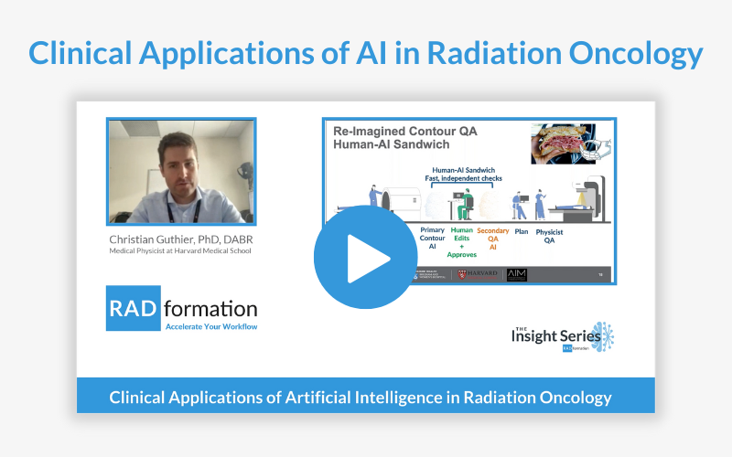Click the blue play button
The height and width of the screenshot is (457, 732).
tap(365, 258)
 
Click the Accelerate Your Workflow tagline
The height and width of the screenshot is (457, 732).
tap(210, 325)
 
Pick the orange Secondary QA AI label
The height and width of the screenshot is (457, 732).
tap(493, 236)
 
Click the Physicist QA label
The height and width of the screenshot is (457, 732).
tap(550, 236)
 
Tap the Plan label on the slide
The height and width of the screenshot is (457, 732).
tap(522, 231)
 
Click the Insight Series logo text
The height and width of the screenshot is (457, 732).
tap(547, 336)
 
